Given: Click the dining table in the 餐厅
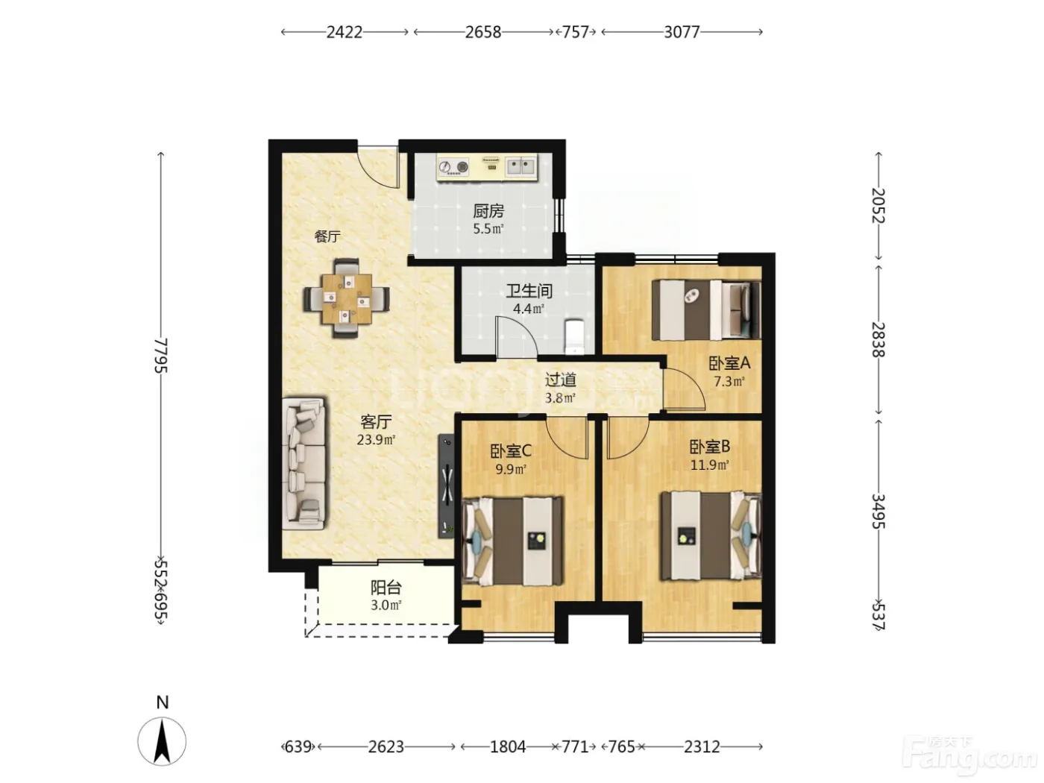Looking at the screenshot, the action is point(347,298).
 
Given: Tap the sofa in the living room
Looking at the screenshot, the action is point(304,464).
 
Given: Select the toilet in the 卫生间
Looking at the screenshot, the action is point(575,337).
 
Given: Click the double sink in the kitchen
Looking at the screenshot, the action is point(521,166).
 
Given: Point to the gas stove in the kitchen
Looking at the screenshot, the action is point(453,167).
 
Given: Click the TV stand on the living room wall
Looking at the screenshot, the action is point(447,486).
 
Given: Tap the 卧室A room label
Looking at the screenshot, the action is point(729,364).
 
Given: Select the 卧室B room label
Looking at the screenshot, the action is point(710,447).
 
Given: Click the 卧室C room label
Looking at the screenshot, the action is point(511,450).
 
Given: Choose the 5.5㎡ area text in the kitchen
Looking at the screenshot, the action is point(488,229).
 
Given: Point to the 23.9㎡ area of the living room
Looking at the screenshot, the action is point(377,440).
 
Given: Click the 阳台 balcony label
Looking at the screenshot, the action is point(386,588).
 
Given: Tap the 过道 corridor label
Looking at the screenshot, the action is point(560,380).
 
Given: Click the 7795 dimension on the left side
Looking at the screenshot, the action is point(162,355).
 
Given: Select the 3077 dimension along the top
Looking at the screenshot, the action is point(682,32).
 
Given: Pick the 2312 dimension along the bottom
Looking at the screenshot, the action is point(702,747).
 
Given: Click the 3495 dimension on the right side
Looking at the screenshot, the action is point(878,512).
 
